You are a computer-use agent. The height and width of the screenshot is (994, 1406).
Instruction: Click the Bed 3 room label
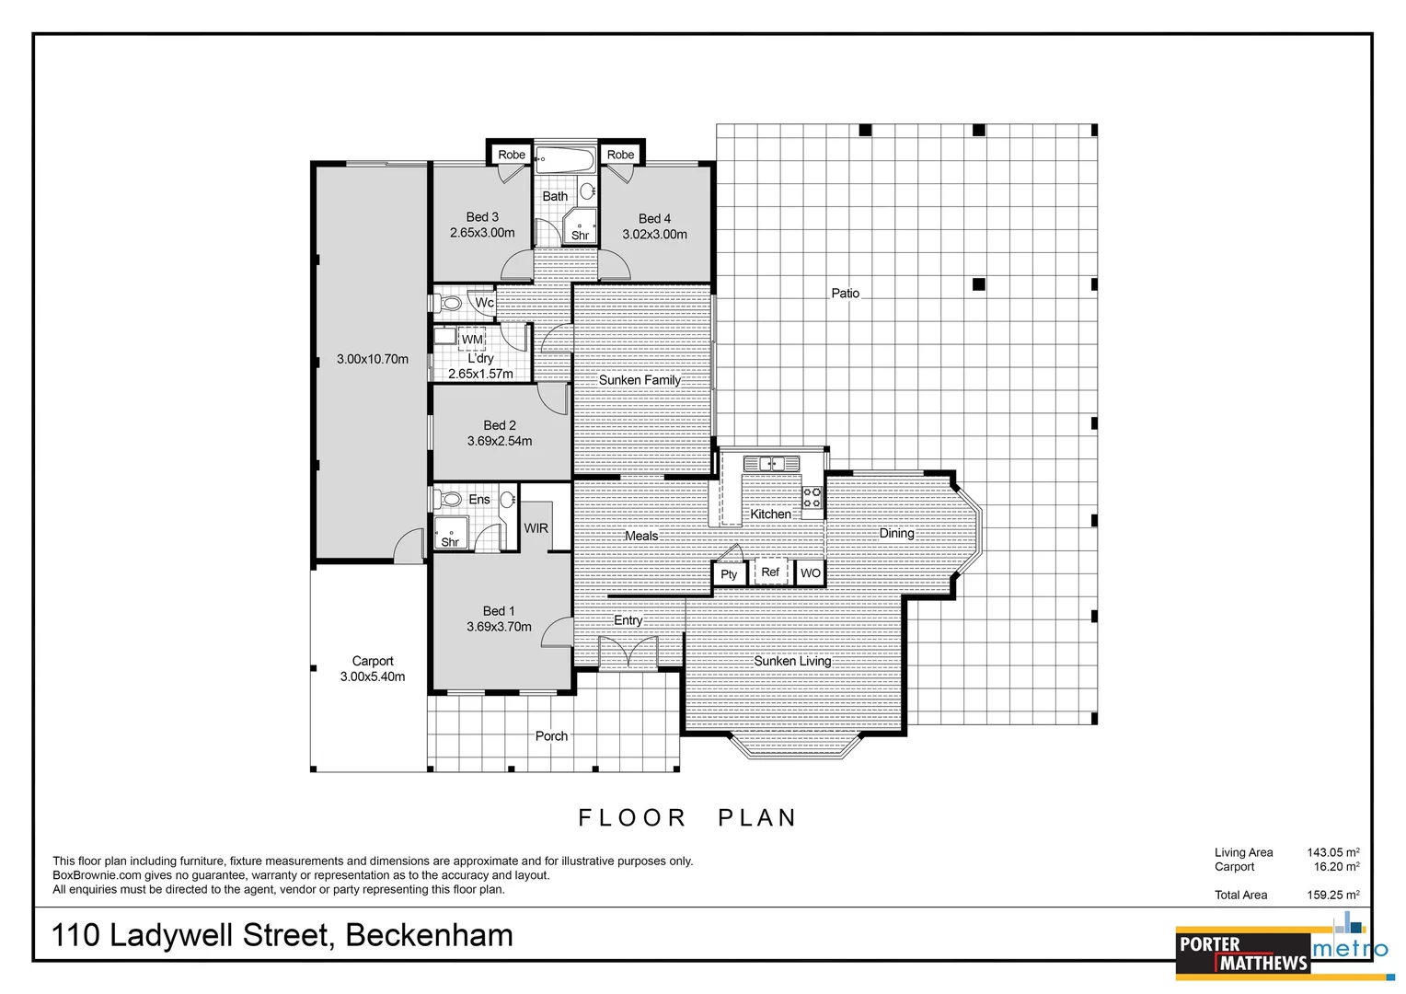tap(482, 217)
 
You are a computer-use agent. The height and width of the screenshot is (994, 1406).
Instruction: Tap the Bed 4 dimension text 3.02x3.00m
tap(654, 235)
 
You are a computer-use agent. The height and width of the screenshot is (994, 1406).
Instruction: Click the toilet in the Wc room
tap(450, 302)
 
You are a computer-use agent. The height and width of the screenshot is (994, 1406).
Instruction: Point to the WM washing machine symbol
tap(472, 339)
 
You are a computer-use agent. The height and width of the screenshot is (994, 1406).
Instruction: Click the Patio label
tap(845, 294)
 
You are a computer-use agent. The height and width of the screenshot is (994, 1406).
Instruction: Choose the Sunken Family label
tap(640, 380)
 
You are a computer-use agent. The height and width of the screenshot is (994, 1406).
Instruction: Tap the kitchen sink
tap(770, 463)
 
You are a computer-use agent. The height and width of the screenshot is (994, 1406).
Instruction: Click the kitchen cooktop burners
tap(812, 498)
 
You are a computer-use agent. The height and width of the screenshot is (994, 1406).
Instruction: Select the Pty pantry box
tap(729, 574)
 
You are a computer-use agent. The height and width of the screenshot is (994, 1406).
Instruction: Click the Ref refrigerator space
tap(770, 572)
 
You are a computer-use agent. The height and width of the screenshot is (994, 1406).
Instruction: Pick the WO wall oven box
tap(810, 573)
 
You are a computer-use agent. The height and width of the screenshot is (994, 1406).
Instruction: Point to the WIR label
tap(536, 528)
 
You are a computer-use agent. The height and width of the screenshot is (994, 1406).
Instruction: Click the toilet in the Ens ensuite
tap(450, 500)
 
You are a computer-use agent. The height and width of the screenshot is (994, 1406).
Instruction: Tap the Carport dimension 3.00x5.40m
tap(373, 676)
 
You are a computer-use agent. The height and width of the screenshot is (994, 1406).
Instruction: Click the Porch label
tap(551, 736)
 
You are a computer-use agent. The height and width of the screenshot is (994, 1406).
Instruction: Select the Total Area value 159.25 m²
tap(1332, 895)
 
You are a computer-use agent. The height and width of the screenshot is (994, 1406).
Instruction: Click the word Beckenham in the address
tap(429, 935)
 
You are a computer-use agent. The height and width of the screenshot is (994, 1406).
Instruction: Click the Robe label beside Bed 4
tap(620, 155)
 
